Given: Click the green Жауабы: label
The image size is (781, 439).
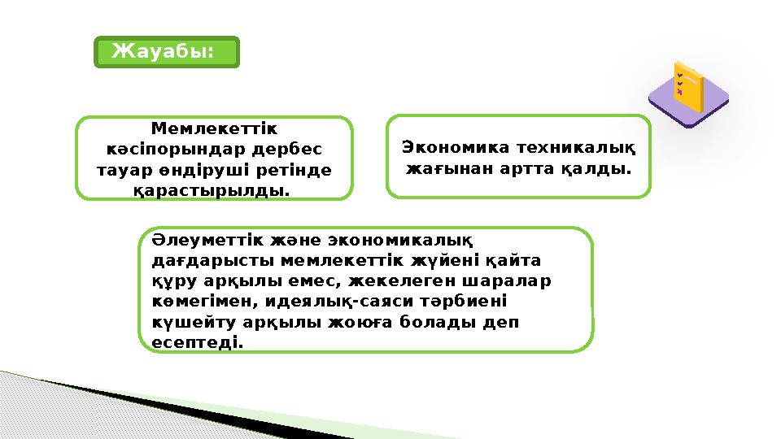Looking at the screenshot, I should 167,51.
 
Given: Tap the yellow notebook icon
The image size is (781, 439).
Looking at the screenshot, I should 688,87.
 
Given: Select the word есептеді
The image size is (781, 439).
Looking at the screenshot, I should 198,342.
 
